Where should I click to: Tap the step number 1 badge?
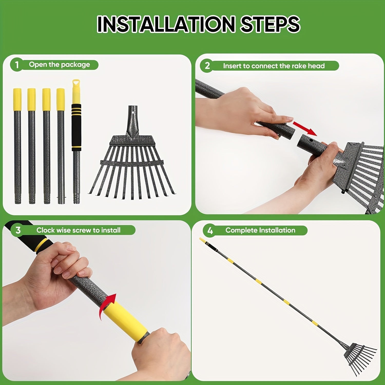click(x=17, y=65)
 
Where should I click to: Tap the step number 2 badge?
click(x=207, y=66)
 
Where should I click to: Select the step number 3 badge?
click(x=18, y=230)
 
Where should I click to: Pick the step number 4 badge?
click(x=210, y=231)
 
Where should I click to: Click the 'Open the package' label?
click(x=59, y=65)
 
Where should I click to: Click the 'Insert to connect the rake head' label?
click(x=274, y=66)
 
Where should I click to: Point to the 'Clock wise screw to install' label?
click(x=78, y=230)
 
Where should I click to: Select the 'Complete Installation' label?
click(x=260, y=230)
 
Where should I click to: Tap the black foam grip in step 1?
click(x=76, y=127)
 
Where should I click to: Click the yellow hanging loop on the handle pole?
click(x=76, y=83)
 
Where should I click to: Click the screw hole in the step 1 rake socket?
click(x=132, y=112)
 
